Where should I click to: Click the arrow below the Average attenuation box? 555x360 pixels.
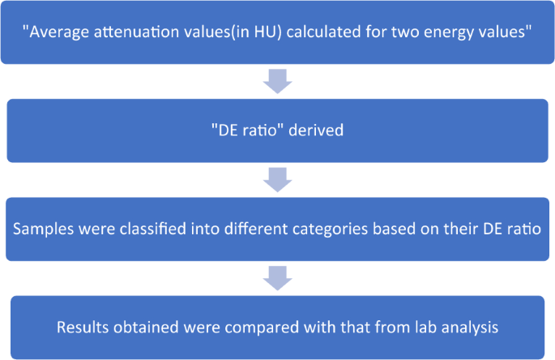pos(278,81)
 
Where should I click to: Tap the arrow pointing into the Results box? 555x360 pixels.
pos(278,278)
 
